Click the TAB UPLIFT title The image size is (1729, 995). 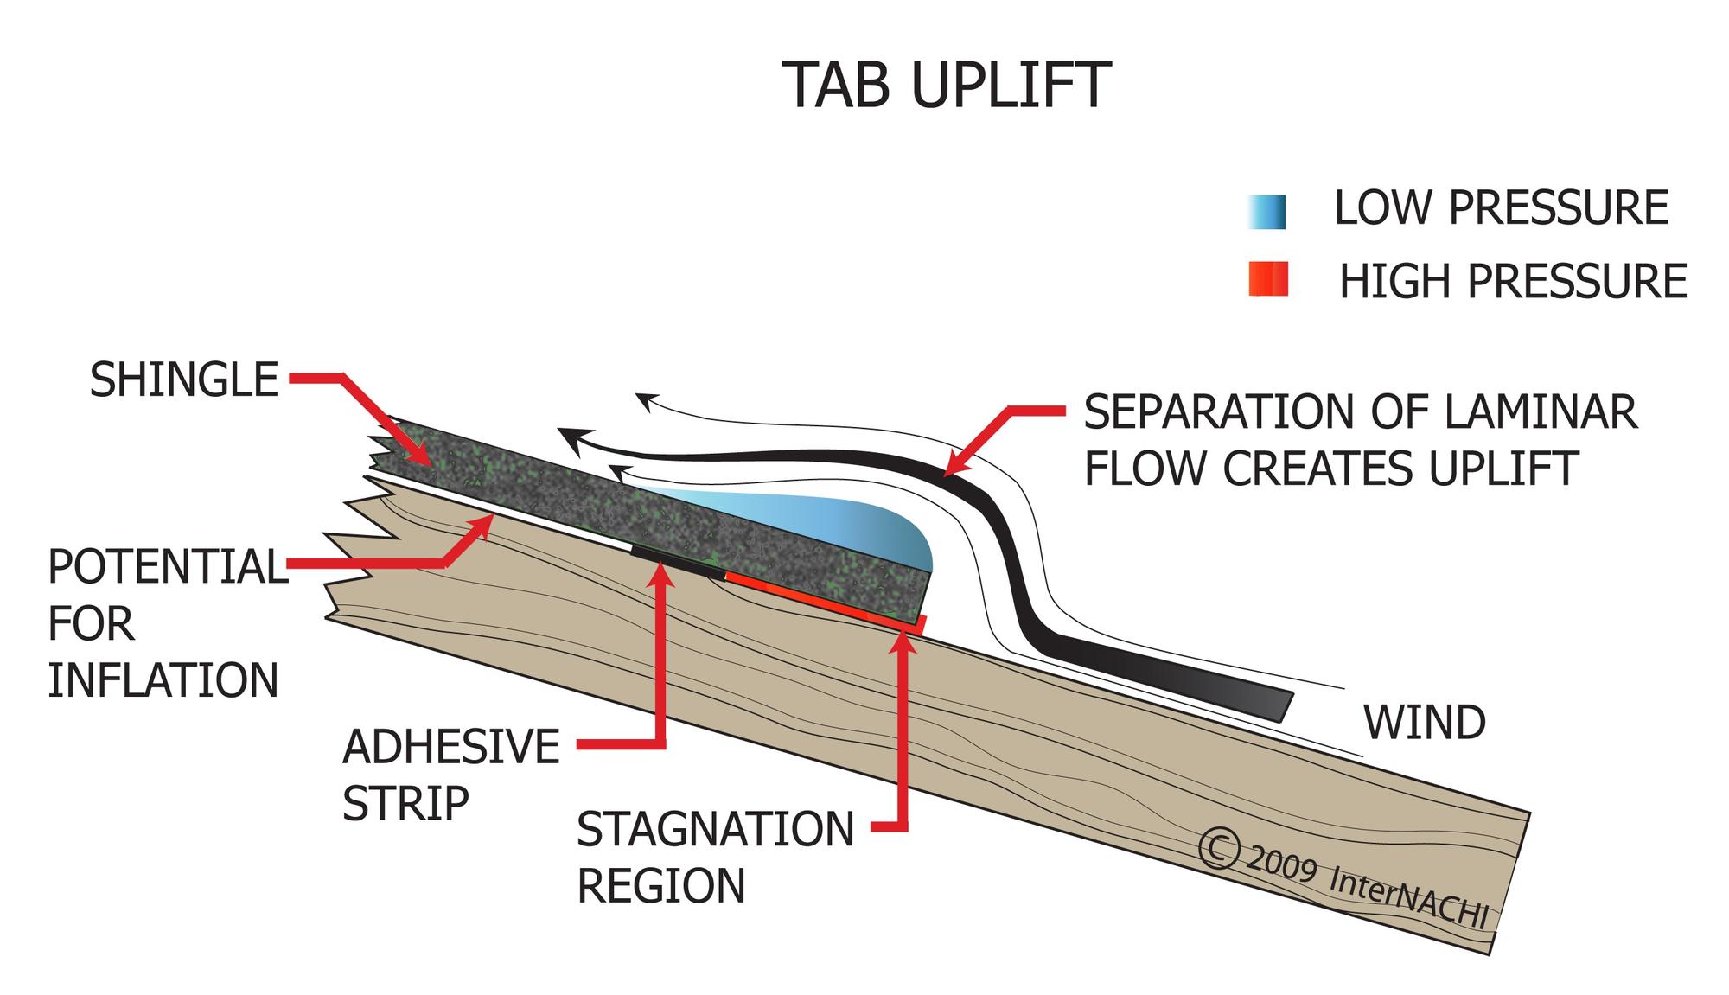click(946, 86)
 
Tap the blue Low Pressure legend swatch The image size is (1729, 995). click(1266, 212)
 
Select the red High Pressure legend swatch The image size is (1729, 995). click(1268, 279)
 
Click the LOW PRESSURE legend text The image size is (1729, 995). click(1501, 208)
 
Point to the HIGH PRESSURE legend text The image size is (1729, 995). click(1513, 282)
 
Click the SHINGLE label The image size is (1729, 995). click(184, 380)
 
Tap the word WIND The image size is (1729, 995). click(1425, 723)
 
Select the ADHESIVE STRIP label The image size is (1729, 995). click(450, 775)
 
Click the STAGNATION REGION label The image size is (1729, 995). click(715, 857)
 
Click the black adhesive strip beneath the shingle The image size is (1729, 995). click(679, 559)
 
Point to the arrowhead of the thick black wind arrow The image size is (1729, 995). click(571, 440)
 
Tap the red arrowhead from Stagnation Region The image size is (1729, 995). click(903, 641)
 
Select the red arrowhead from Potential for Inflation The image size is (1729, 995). click(484, 524)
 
